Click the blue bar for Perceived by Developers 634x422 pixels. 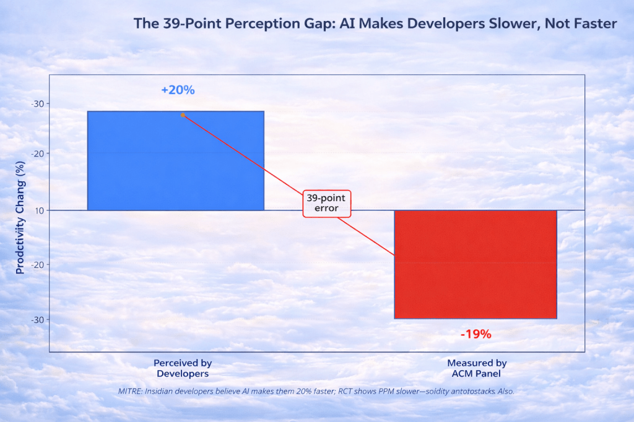click(176, 161)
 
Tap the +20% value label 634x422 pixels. click(178, 90)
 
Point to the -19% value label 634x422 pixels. click(475, 334)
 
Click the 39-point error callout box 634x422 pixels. click(326, 204)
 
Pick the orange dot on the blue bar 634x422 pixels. click(183, 115)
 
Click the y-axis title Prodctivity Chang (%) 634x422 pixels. click(20, 217)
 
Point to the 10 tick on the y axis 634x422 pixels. click(39, 210)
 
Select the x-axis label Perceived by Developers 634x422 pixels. click(183, 368)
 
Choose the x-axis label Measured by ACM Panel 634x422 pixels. click(477, 368)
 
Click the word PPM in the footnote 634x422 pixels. click(382, 392)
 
